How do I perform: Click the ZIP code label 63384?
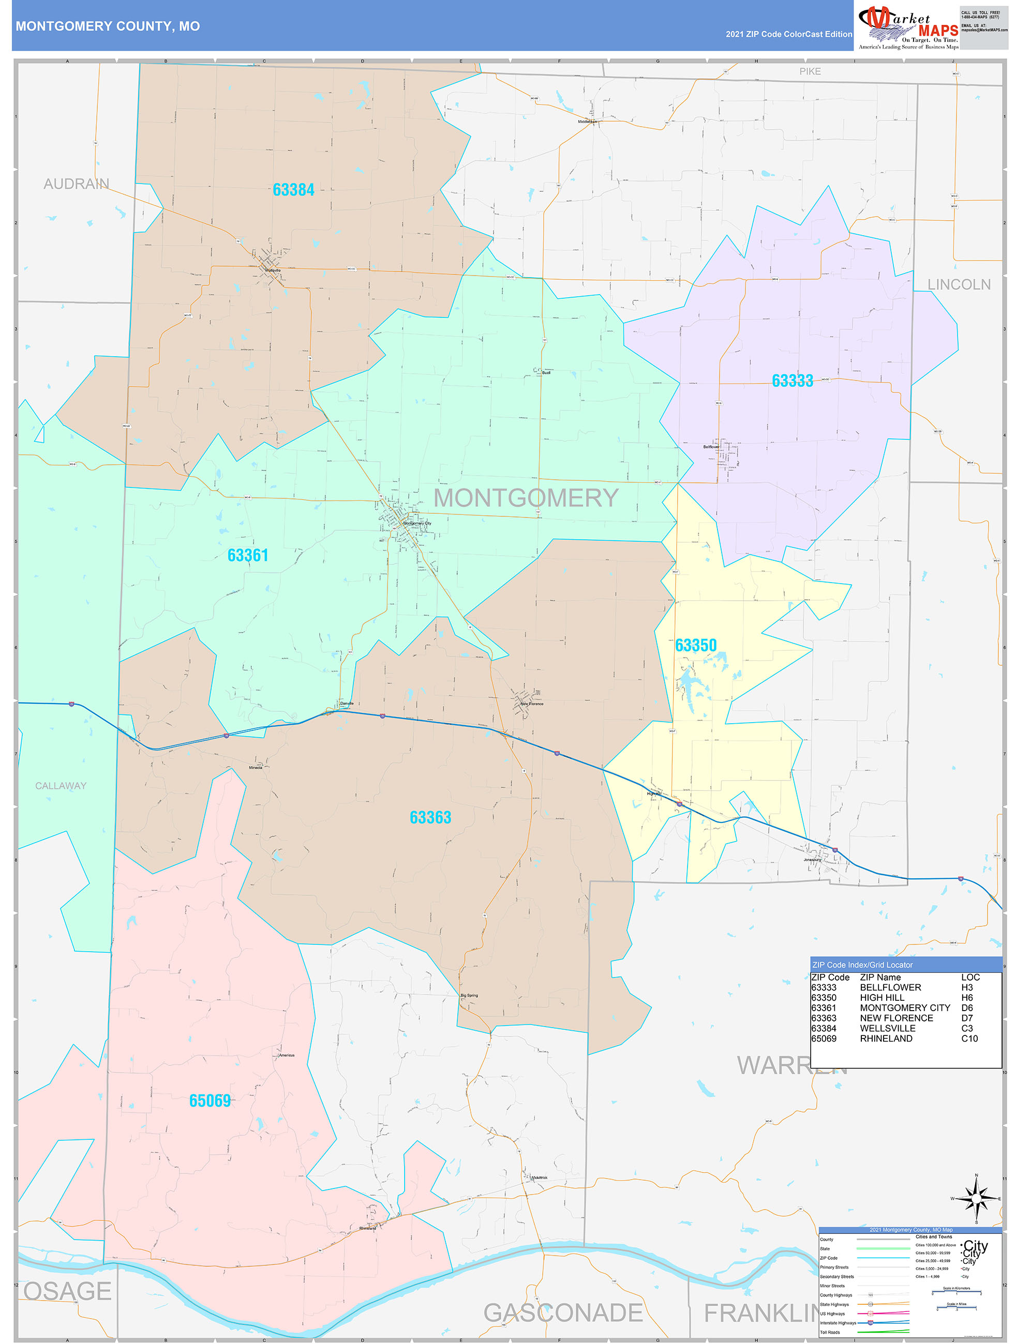293,190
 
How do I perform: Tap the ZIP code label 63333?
792,381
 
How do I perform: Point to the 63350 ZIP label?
696,645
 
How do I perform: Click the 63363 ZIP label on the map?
430,817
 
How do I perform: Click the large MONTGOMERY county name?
526,498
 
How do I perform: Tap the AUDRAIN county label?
76,184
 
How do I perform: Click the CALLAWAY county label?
61,786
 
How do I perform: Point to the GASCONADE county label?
563,1312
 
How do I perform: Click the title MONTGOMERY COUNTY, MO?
108,26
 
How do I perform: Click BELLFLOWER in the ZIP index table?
890,987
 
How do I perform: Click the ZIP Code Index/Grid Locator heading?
862,965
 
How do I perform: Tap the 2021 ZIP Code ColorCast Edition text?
788,34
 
